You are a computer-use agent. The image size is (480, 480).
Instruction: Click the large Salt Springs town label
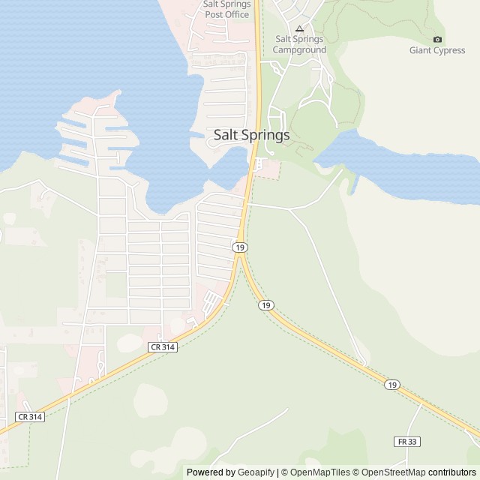[x=251, y=136]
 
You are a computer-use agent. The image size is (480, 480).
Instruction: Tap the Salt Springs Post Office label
[x=226, y=9]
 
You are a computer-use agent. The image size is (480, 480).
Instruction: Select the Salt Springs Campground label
[x=299, y=44]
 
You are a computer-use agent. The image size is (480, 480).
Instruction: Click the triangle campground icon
[x=299, y=28]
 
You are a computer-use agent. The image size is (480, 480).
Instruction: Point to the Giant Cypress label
[x=437, y=51]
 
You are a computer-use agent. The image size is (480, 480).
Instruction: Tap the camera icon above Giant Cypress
[x=438, y=39]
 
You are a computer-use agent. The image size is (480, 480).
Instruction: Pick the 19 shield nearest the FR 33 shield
[x=391, y=385]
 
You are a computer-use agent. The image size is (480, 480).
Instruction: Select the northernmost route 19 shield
[x=238, y=247]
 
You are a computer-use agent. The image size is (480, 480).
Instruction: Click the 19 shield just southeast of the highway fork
[x=265, y=305]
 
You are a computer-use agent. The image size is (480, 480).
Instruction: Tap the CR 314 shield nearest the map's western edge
[x=29, y=416]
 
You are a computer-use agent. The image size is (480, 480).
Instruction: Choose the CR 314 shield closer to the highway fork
[x=162, y=346]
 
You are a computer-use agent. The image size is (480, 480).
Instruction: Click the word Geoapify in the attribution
[x=255, y=472]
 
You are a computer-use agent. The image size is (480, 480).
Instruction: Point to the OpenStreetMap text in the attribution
[x=393, y=472]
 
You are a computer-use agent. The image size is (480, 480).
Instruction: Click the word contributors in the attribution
[x=451, y=472]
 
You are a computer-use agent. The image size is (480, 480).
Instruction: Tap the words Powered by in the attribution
[x=209, y=472]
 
